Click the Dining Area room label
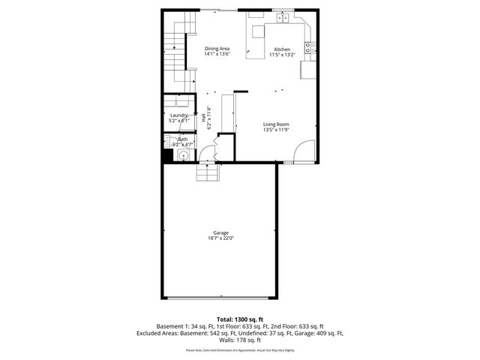pyautogui.click(x=217, y=49)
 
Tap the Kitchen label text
pyautogui.click(x=281, y=49)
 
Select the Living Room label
pyautogui.click(x=276, y=124)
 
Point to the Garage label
pyautogui.click(x=220, y=232)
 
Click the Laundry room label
pyautogui.click(x=179, y=115)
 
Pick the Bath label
pyautogui.click(x=182, y=139)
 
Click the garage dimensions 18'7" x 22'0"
pyautogui.click(x=220, y=238)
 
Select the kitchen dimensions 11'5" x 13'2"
pyautogui.click(x=281, y=55)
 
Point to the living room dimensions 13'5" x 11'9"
pyautogui.click(x=276, y=130)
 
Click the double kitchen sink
pyautogui.click(x=284, y=16)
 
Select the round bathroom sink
pyautogui.click(x=181, y=156)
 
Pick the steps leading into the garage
pyautogui.click(x=208, y=173)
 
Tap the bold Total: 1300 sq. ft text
pyautogui.click(x=239, y=319)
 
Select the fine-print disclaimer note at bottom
pyautogui.click(x=239, y=350)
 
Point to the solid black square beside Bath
pyautogui.click(x=167, y=156)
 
